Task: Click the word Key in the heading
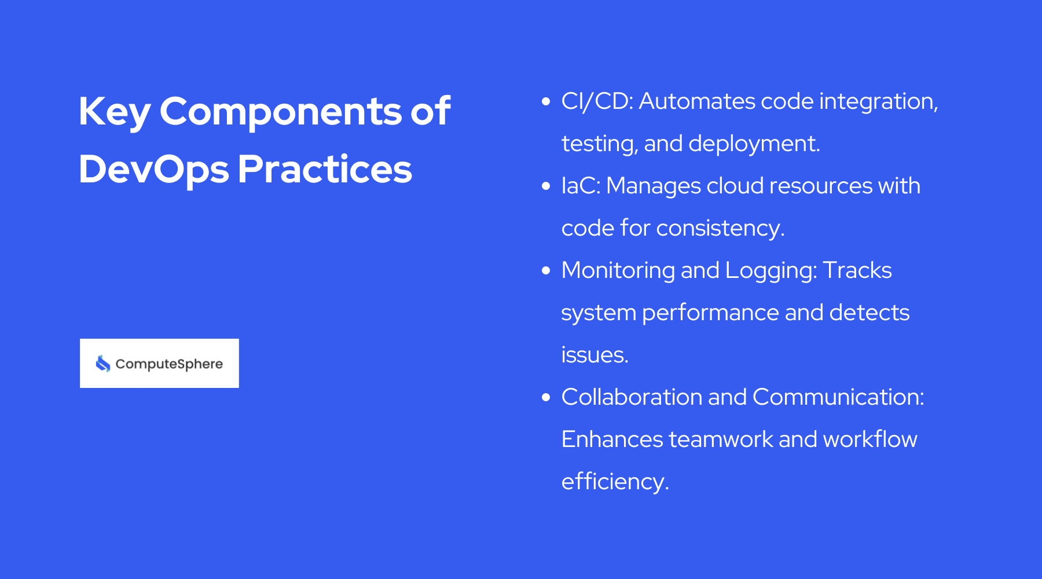click(114, 112)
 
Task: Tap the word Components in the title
click(280, 112)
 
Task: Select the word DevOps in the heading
click(153, 170)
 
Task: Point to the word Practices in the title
click(324, 170)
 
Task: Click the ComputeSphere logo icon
click(103, 364)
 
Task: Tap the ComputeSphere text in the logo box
click(169, 364)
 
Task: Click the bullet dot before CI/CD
click(545, 102)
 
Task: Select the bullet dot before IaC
click(545, 186)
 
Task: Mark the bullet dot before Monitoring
click(545, 271)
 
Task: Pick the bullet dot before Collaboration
click(545, 398)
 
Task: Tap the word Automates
click(696, 102)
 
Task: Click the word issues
click(594, 355)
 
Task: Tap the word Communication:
click(838, 398)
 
